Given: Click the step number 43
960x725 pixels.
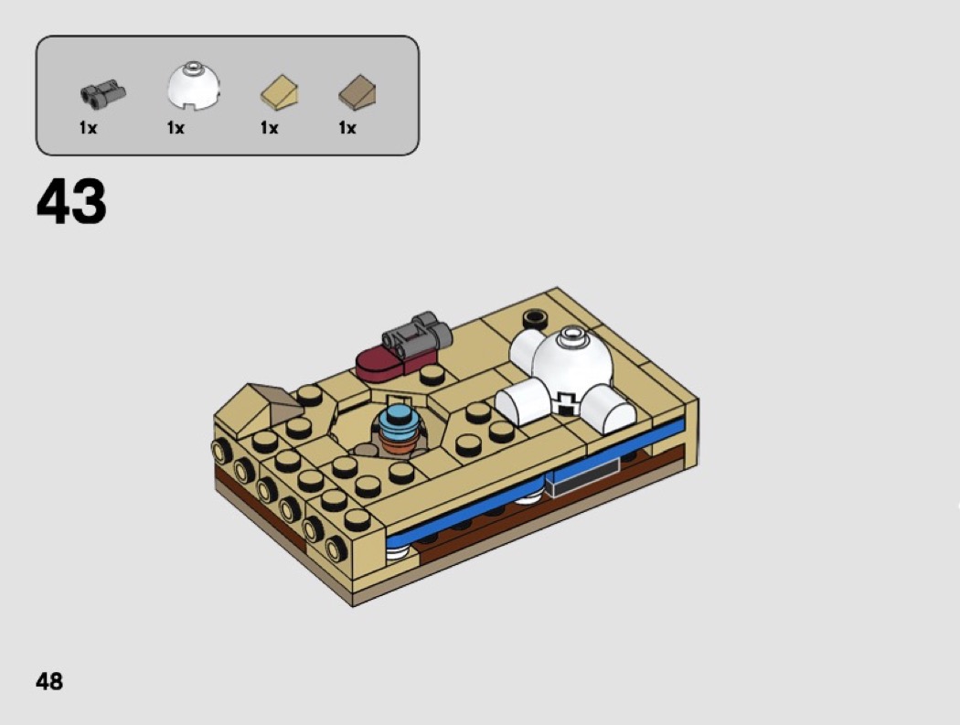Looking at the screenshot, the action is (x=71, y=201).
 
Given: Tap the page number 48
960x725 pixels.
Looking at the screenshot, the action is (x=49, y=681).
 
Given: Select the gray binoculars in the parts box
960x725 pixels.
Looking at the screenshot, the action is (x=102, y=93).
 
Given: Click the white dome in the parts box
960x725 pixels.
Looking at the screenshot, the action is (x=194, y=85).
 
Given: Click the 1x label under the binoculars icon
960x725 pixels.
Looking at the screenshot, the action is (x=88, y=128).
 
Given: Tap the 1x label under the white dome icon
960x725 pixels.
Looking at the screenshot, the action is (x=176, y=128).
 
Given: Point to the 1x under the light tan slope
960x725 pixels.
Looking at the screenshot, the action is (x=270, y=128).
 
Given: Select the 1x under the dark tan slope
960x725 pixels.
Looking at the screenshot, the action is (x=347, y=128).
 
